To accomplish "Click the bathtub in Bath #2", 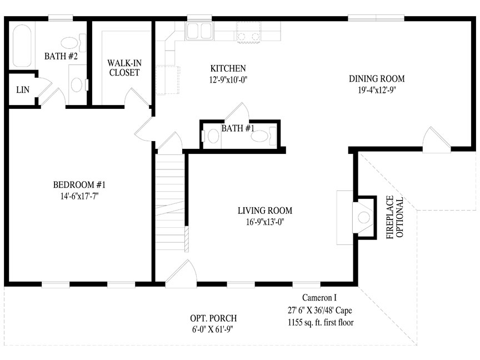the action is (x=22, y=46).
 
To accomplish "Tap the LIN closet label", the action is (x=23, y=90).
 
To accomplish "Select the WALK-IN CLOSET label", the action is (x=124, y=68).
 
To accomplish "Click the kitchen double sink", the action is (x=199, y=31).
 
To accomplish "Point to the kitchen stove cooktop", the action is (x=248, y=31).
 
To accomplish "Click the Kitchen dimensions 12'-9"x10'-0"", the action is (x=228, y=80).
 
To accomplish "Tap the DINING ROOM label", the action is (x=377, y=79).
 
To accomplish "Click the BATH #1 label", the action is (x=238, y=128).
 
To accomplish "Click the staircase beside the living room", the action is (x=170, y=202).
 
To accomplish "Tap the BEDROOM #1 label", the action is (x=79, y=185).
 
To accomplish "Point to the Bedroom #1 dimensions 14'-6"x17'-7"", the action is (x=79, y=196).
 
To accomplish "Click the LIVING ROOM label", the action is (x=265, y=211).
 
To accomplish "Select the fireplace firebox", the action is (x=364, y=218).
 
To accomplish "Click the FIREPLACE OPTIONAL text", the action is (x=395, y=217).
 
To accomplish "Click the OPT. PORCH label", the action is (x=213, y=318).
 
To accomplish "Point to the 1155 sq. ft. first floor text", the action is (x=321, y=322).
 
